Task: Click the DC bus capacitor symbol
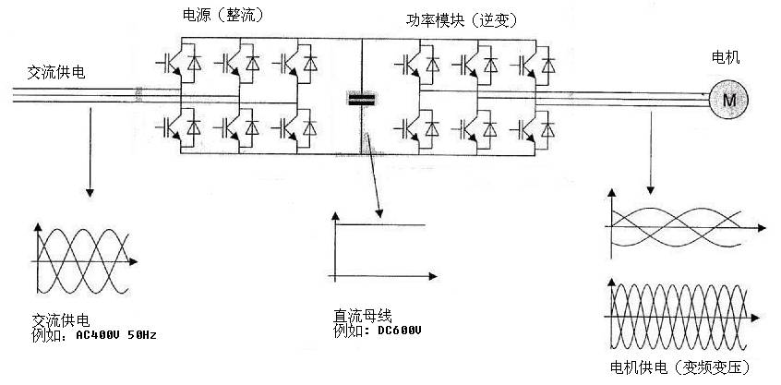[358, 98]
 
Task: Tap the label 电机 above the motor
[725, 58]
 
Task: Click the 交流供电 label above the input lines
[56, 71]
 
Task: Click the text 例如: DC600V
[378, 331]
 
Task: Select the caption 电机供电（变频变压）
[681, 367]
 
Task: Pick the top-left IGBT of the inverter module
[414, 65]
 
